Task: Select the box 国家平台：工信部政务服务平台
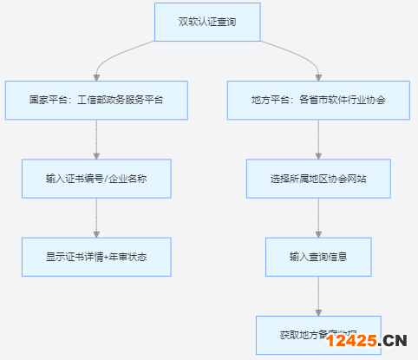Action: point(95,101)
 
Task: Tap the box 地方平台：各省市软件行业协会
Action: point(318,101)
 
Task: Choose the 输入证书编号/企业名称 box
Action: point(95,179)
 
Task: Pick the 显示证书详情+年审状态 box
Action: point(95,257)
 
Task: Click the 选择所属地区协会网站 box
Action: point(318,179)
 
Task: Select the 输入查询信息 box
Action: point(318,257)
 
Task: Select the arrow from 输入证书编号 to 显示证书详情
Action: point(95,217)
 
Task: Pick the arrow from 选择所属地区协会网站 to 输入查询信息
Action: point(318,217)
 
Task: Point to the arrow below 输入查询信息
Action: point(318,295)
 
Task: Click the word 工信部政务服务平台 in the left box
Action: point(122,101)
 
